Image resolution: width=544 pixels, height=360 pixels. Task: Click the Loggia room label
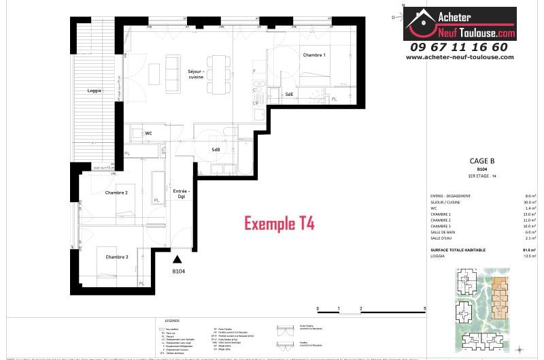[95, 91]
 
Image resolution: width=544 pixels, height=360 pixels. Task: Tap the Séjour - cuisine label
[197, 74]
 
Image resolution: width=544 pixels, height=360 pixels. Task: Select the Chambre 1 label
[314, 55]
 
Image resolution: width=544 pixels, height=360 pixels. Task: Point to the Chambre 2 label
[116, 193]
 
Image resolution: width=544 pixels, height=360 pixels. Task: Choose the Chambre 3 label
[117, 257]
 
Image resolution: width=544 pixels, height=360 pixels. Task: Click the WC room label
[148, 133]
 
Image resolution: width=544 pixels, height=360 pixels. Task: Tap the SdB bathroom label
[216, 150]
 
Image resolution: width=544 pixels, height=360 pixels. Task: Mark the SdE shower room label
[289, 94]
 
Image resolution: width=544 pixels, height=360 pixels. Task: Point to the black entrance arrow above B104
[177, 259]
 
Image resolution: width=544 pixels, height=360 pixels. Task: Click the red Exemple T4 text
[279, 223]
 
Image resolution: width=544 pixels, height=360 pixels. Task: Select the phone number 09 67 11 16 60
[458, 47]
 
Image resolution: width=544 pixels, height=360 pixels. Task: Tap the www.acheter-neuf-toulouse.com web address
[459, 57]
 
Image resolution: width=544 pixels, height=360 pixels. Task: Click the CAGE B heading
[481, 161]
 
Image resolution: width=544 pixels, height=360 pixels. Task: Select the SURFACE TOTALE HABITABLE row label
[458, 250]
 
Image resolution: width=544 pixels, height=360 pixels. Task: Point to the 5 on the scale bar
[425, 308]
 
